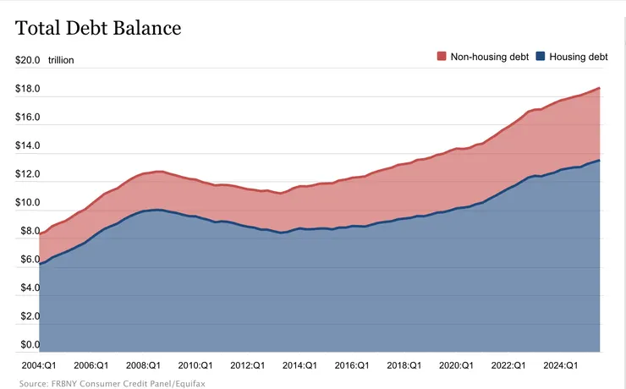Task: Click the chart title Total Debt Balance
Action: (98, 28)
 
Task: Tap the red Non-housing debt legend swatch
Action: (441, 57)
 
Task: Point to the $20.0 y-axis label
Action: (28, 60)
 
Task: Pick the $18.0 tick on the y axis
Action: (28, 89)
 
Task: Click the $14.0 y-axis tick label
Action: (28, 146)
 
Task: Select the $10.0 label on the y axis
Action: (28, 203)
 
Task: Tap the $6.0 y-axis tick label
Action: (28, 260)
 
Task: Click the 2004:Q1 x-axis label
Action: (39, 365)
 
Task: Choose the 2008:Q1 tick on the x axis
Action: (143, 365)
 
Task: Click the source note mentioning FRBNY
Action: (112, 383)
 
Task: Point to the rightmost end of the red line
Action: (600, 88)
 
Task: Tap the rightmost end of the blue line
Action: (600, 161)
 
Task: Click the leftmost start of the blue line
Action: (40, 264)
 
